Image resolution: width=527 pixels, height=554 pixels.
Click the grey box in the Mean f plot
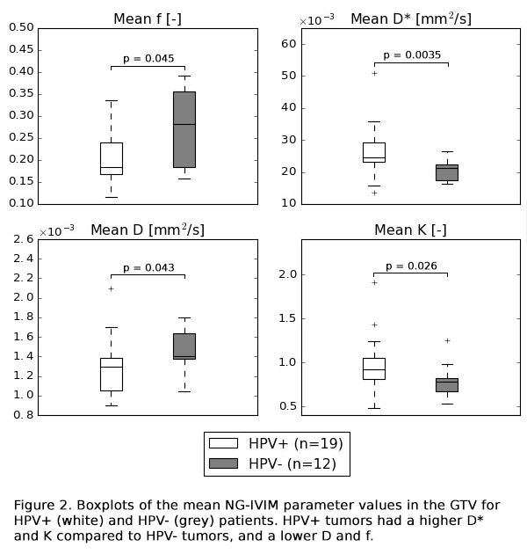click(x=184, y=129)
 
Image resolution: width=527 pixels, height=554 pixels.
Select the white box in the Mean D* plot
click(x=374, y=153)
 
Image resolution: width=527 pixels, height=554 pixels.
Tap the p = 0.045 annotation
click(x=148, y=59)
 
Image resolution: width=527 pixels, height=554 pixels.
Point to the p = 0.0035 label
click(x=412, y=55)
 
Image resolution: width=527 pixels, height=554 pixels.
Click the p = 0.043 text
click(x=148, y=268)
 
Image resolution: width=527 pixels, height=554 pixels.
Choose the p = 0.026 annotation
click(x=412, y=266)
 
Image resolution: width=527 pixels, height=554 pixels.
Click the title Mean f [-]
click(x=148, y=18)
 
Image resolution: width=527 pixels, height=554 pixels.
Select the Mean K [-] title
click(x=410, y=230)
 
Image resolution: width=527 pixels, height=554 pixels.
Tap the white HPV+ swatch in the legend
click(x=223, y=443)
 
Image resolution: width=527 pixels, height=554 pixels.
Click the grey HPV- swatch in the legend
click(x=223, y=463)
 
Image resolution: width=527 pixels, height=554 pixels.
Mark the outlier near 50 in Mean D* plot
click(x=374, y=74)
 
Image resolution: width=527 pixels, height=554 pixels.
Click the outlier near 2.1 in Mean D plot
click(x=112, y=289)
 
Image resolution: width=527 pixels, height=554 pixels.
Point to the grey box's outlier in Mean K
click(x=447, y=341)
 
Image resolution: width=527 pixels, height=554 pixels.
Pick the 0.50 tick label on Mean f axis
click(x=21, y=27)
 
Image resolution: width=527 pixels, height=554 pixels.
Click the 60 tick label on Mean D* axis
click(x=289, y=44)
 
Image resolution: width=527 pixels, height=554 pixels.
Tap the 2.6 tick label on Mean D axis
click(x=24, y=239)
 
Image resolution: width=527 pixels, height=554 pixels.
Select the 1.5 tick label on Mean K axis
click(x=287, y=318)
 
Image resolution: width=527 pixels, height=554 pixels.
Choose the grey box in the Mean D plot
click(x=184, y=346)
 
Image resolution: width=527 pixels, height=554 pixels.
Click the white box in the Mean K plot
click(x=374, y=368)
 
